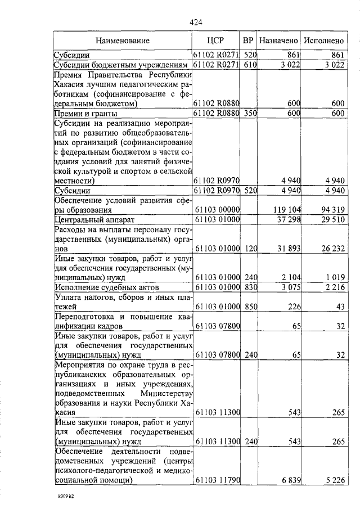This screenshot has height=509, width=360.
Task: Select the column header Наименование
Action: pyautogui.click(x=123, y=40)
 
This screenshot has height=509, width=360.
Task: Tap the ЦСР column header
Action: pyautogui.click(x=217, y=40)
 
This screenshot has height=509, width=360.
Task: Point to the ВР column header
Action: pyautogui.click(x=248, y=40)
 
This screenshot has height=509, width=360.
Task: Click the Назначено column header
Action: pyautogui.click(x=278, y=40)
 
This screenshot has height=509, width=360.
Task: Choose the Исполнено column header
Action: pyautogui.click(x=323, y=40)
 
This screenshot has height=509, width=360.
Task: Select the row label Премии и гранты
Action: pyautogui.click(x=81, y=114)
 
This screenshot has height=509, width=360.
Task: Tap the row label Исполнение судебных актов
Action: pyautogui.click(x=104, y=288)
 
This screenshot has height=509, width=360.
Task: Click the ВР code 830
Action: pyautogui.click(x=250, y=288)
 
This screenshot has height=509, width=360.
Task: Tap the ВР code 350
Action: pyautogui.click(x=250, y=114)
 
